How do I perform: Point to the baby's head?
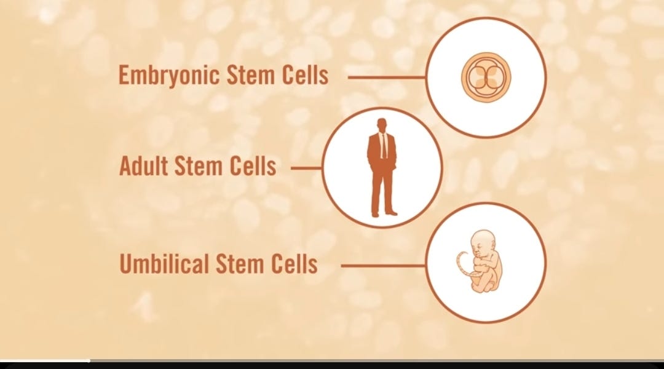point(481,242)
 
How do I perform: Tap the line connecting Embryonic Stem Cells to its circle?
point(387,77)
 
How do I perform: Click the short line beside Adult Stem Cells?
point(306,167)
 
